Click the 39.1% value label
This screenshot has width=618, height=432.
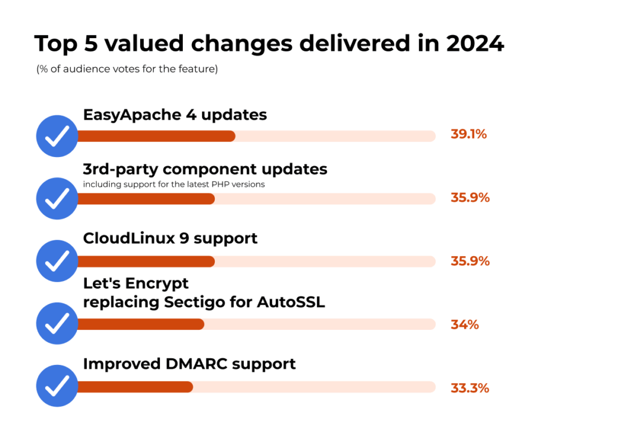pyautogui.click(x=468, y=134)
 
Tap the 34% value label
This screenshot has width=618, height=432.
pyautogui.click(x=464, y=324)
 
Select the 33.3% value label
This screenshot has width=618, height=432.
pyautogui.click(x=469, y=388)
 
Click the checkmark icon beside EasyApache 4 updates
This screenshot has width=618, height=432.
pyautogui.click(x=57, y=136)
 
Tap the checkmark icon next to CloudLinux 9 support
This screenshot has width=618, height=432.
pyautogui.click(x=57, y=261)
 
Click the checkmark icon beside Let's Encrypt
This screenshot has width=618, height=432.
pyautogui.click(x=57, y=324)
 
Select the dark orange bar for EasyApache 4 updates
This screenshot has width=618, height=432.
pyautogui.click(x=156, y=136)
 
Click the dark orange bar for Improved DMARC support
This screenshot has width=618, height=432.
pyautogui.click(x=135, y=387)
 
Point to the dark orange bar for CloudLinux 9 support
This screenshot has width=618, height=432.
pyautogui.click(x=145, y=261)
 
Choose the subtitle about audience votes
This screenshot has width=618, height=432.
pyautogui.click(x=127, y=69)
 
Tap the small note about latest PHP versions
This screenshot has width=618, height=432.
pyautogui.click(x=174, y=184)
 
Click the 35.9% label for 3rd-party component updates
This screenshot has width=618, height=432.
pyautogui.click(x=470, y=198)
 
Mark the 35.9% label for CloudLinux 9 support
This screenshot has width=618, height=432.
pyautogui.click(x=470, y=261)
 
